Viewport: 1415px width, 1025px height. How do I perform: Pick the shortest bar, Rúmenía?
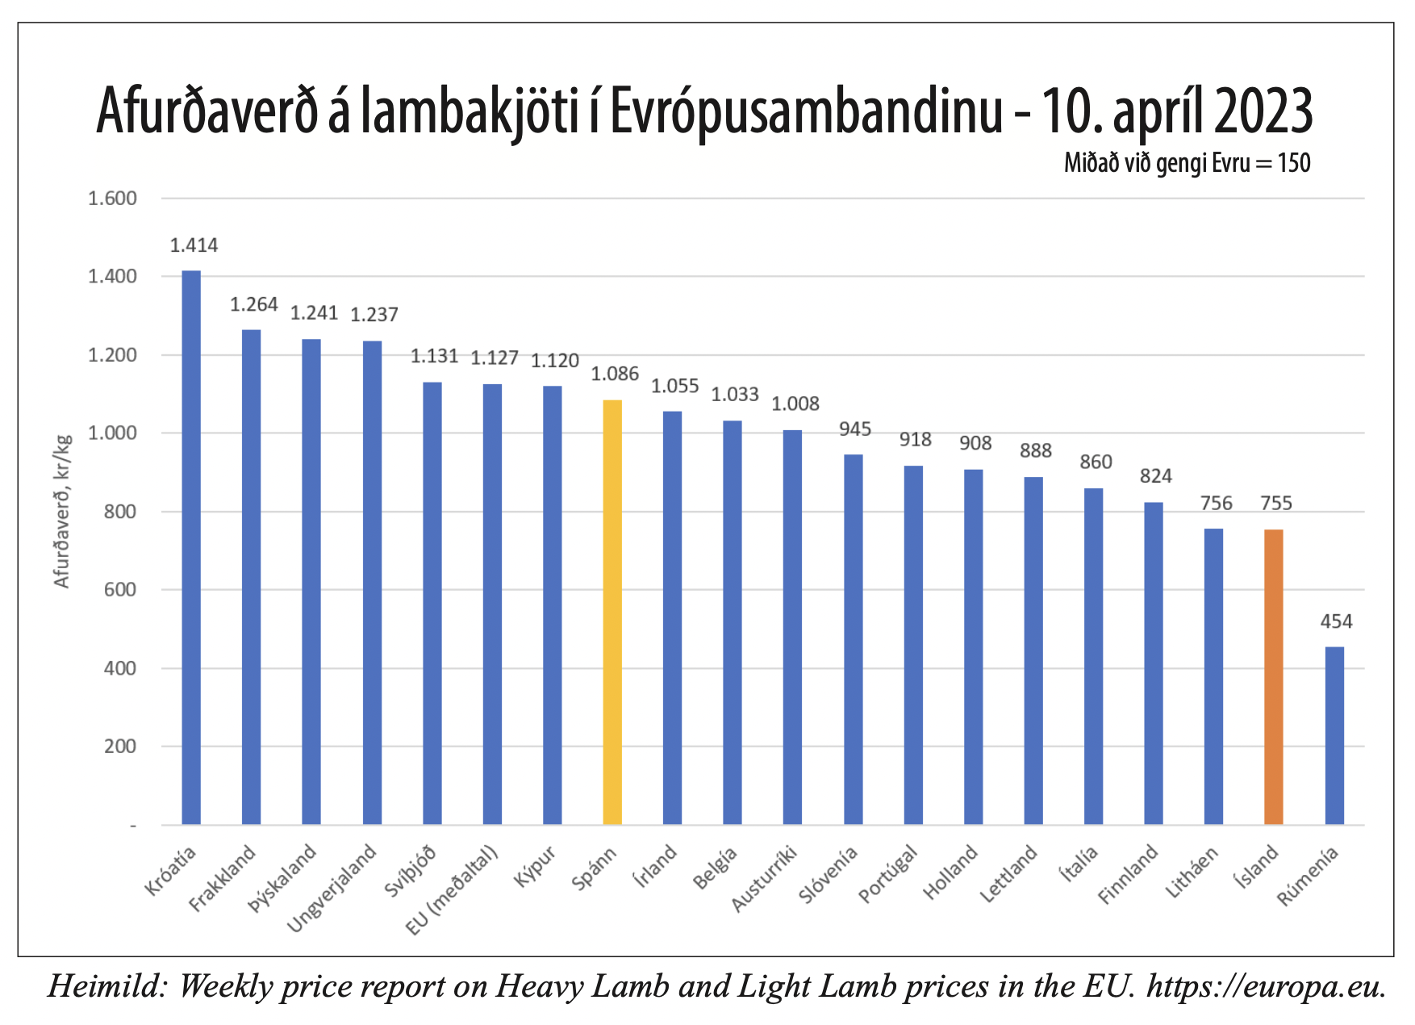[1334, 735]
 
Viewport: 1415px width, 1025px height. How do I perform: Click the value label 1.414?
[194, 245]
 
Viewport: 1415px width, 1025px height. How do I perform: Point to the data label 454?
[1336, 621]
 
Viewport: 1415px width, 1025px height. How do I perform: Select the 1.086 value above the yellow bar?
[615, 374]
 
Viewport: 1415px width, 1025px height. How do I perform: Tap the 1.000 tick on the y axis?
[112, 433]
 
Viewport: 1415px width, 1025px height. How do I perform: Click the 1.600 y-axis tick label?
[112, 199]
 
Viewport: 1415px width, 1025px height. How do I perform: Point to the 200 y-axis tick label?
[120, 747]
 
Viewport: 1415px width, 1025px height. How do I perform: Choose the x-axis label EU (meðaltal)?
[453, 890]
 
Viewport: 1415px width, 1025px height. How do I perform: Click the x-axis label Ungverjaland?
[332, 888]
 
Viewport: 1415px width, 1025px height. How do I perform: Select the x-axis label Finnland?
[1129, 874]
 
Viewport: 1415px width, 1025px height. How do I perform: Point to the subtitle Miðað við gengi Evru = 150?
[1187, 163]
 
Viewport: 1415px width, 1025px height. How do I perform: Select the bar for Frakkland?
[252, 576]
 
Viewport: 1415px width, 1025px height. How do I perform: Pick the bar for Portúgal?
[913, 645]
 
